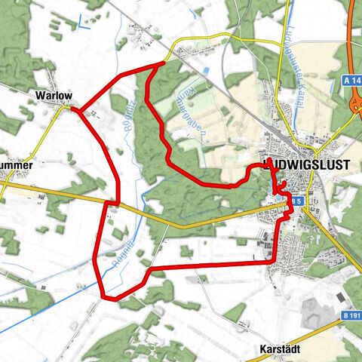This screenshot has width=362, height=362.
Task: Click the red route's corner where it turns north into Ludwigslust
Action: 274,261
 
